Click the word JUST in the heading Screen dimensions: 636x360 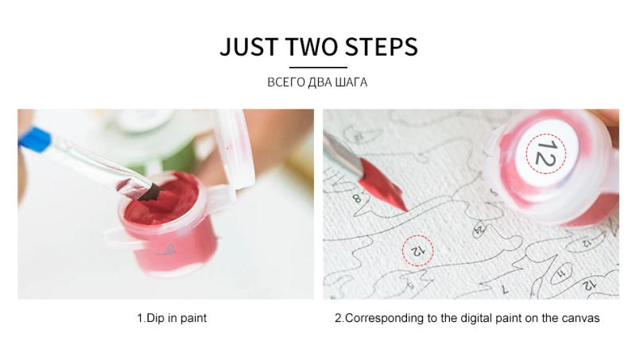click(x=249, y=47)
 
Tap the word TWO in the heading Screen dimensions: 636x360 click(x=312, y=47)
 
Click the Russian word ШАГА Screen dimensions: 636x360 click(x=351, y=83)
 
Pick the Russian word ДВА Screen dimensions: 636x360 click(x=320, y=83)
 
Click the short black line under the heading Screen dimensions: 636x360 click(x=319, y=68)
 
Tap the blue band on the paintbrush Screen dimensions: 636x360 click(x=35, y=139)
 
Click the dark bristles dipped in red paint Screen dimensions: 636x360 click(x=150, y=192)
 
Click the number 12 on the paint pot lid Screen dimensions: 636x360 click(x=545, y=154)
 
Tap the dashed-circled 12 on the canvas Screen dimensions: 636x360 click(x=418, y=250)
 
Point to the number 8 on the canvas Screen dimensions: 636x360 click(x=357, y=198)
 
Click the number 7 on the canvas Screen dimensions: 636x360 click(x=505, y=289)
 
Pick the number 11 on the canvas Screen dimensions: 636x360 click(x=561, y=273)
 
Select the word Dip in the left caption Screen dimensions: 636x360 click(x=156, y=318)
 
